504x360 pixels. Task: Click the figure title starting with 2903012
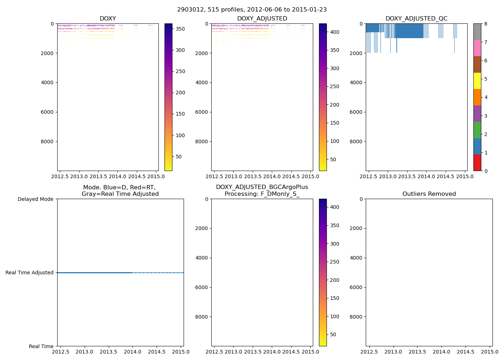point(252,10)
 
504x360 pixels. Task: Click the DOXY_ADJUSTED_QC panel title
point(416,19)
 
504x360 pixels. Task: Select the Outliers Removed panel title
point(429,194)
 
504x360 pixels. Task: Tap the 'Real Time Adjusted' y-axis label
point(30,273)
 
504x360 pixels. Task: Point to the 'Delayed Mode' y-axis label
point(35,199)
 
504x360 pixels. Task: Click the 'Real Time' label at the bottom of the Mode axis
point(41,346)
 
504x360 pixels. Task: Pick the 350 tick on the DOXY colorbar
point(180,29)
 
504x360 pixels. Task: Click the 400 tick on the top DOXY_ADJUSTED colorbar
point(334,32)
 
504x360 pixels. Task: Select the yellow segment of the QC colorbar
point(477,81)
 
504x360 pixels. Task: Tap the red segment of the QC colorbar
point(477,162)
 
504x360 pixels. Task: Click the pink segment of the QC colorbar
point(477,48)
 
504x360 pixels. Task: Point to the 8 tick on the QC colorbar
point(486,24)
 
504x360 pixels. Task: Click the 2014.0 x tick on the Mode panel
point(132,352)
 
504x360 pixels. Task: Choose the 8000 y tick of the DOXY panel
point(49,141)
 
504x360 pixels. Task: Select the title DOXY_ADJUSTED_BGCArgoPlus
point(262,187)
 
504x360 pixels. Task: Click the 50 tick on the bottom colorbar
point(333,334)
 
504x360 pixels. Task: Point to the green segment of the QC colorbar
point(477,130)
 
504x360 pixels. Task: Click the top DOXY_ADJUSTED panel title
point(262,19)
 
